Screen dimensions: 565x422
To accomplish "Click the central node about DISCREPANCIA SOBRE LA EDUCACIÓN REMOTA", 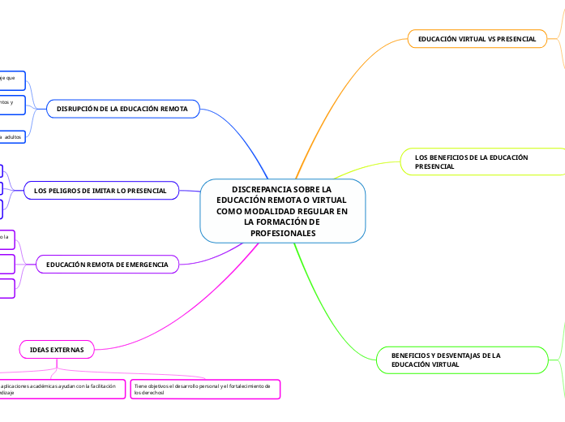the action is point(283,210).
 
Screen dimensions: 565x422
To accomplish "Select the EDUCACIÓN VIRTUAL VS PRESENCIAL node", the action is point(477,39).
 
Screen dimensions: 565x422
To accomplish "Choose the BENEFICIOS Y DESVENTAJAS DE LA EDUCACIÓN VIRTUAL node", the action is point(463,360).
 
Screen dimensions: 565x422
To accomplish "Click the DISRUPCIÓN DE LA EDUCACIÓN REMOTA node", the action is point(123,108).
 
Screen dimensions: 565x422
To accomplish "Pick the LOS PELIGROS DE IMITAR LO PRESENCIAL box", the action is point(101,191).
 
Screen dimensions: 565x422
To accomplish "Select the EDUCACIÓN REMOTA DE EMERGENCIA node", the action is point(108,265).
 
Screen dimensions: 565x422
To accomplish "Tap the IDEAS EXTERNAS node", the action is point(57,349).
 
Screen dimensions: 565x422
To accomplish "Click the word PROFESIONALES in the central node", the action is point(283,233).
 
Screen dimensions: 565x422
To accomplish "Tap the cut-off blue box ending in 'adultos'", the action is point(12,137).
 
